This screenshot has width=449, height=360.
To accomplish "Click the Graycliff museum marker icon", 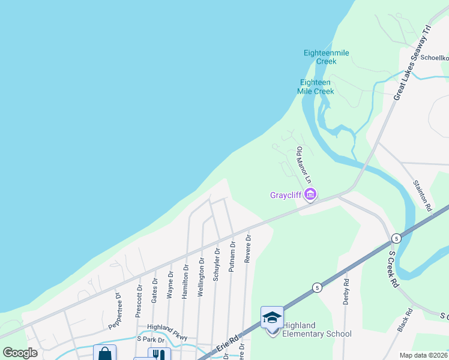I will pos(310,194).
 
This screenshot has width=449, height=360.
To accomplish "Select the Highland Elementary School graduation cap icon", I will pos(272,317).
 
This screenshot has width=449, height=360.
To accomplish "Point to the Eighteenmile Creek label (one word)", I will pos(326,57).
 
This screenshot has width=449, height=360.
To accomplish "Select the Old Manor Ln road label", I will pos(304,165).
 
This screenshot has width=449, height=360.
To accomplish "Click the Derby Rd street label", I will pos(346,291).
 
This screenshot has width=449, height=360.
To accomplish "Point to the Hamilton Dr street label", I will pos(185,279).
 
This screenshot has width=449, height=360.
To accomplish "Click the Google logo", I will pos(20,353).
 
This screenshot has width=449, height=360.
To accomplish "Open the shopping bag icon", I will pos(104,353).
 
